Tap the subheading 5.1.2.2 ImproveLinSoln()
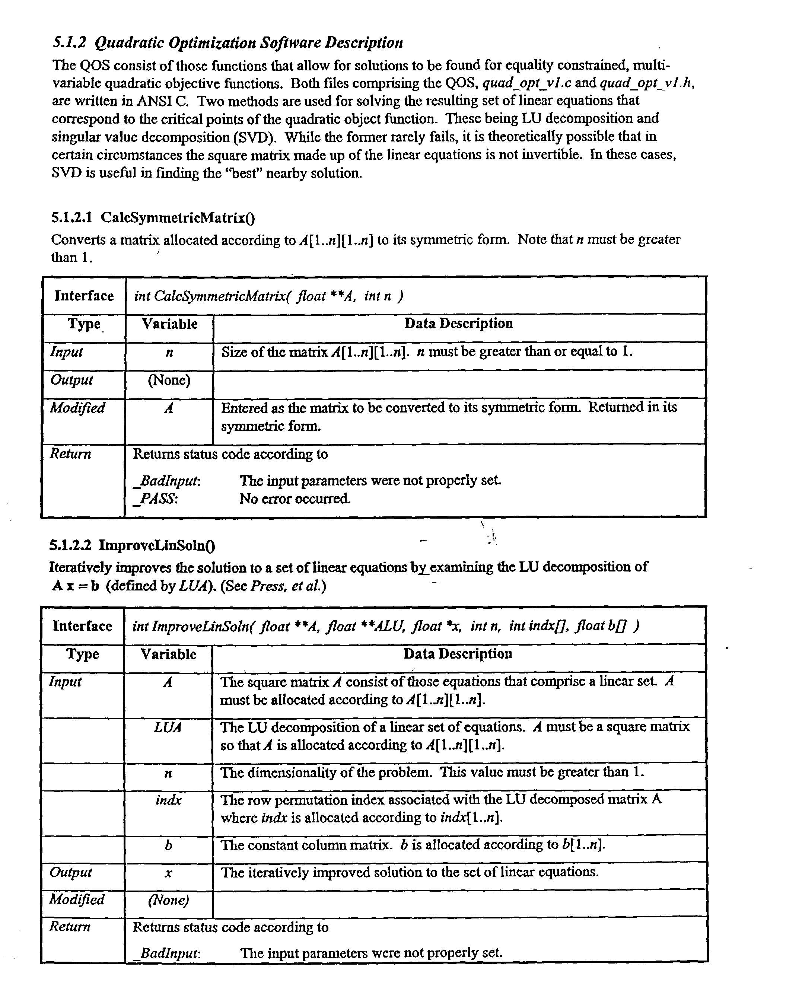(132, 545)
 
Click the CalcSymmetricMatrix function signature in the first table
(268, 296)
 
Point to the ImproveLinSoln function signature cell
(385, 626)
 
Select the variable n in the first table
(169, 353)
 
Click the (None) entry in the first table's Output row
(169, 380)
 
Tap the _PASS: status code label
(155, 499)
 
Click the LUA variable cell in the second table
(168, 727)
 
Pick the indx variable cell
(168, 800)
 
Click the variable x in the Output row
(168, 873)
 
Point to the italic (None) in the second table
(168, 900)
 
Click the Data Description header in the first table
(458, 323)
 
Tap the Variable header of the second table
(168, 654)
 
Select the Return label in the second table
(70, 927)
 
